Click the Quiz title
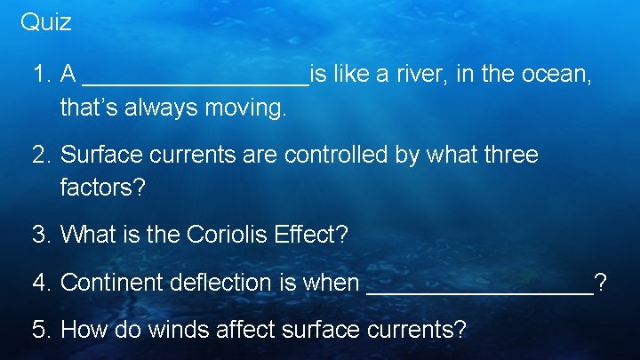point(45,22)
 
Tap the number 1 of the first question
point(39,76)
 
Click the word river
point(417,76)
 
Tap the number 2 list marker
point(40,156)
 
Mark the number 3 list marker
point(40,236)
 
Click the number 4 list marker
point(40,283)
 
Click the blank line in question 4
point(479,291)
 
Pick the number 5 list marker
point(40,330)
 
